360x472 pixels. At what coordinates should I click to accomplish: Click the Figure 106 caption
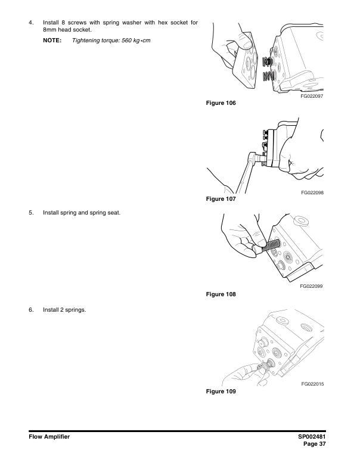pos(221,103)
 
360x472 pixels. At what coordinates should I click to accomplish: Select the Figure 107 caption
pos(221,199)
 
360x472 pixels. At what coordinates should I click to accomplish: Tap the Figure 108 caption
pos(221,294)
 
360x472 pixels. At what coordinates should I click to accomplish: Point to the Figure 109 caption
pos(221,391)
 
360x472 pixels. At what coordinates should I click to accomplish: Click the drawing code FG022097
pos(312,96)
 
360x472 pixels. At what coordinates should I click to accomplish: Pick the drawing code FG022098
pos(312,192)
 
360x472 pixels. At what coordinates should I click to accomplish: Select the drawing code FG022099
pos(312,287)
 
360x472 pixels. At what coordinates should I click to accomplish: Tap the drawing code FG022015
pos(312,384)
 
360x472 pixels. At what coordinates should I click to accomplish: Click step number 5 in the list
pos(31,212)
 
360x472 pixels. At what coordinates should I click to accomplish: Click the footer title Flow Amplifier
pos(49,437)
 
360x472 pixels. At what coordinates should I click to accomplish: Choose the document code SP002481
pos(312,437)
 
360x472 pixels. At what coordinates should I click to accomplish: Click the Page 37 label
pos(315,444)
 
